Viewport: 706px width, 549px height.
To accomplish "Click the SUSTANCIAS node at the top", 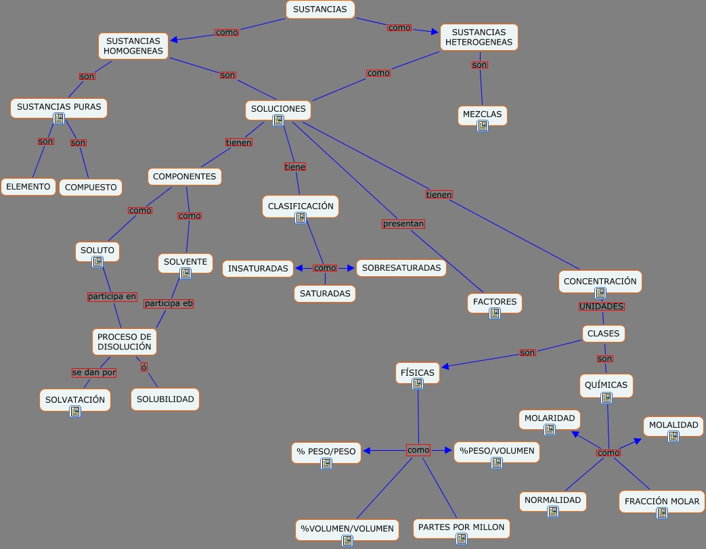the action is [320, 9].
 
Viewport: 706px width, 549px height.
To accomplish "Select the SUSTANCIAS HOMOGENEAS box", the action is [133, 46].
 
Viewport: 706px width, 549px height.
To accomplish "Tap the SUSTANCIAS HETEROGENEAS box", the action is [479, 37].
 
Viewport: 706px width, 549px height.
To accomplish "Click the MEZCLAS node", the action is [482, 115].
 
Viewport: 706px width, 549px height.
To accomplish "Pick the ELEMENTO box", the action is [28, 186].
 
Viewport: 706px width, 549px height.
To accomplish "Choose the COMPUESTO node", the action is [91, 188].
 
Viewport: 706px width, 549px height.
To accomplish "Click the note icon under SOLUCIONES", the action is [278, 120].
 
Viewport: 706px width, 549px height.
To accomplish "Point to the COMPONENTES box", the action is [184, 177].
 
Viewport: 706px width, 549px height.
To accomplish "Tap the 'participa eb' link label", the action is [169, 303].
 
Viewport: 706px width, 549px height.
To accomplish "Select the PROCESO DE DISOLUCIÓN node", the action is [125, 342].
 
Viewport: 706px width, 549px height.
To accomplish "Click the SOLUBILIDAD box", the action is [165, 399].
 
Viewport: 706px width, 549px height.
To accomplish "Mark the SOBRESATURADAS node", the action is [401, 268].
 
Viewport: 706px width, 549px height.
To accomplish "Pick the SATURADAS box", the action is [325, 294].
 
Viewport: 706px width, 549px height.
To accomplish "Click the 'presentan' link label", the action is [403, 223].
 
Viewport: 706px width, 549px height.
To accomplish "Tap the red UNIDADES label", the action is [601, 307].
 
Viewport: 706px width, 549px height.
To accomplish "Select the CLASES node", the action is [603, 334].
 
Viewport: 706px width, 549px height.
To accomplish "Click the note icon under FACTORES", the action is [495, 313].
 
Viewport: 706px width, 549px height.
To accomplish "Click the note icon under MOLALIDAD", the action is [673, 437].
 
